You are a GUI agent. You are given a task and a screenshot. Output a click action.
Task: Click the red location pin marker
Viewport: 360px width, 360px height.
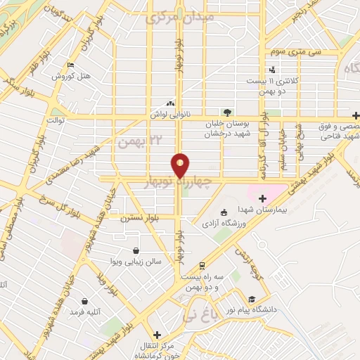(181, 165)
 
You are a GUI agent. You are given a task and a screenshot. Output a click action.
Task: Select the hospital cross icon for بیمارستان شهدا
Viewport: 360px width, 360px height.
(262, 198)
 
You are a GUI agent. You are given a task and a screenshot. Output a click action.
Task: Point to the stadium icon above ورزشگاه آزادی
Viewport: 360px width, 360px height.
(224, 213)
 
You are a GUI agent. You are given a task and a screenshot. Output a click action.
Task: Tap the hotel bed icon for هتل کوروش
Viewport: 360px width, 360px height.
(70, 66)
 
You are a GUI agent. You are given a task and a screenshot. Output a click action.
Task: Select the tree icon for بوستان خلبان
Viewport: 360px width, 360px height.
(226, 112)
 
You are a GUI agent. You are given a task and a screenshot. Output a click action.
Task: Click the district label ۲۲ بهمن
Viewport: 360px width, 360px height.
(135, 142)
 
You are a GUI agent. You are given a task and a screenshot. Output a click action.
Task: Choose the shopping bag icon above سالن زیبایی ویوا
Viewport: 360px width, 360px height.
(136, 250)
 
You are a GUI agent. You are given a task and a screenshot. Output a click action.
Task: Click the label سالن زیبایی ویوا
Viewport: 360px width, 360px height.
(136, 261)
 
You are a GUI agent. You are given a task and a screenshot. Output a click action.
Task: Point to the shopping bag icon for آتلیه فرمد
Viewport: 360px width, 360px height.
(84, 301)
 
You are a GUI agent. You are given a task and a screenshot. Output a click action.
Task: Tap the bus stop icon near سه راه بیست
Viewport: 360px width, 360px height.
(202, 266)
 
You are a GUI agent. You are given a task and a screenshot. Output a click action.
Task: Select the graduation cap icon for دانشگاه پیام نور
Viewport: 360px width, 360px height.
(252, 297)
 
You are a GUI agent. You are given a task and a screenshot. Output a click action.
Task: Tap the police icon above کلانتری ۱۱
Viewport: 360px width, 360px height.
(272, 70)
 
